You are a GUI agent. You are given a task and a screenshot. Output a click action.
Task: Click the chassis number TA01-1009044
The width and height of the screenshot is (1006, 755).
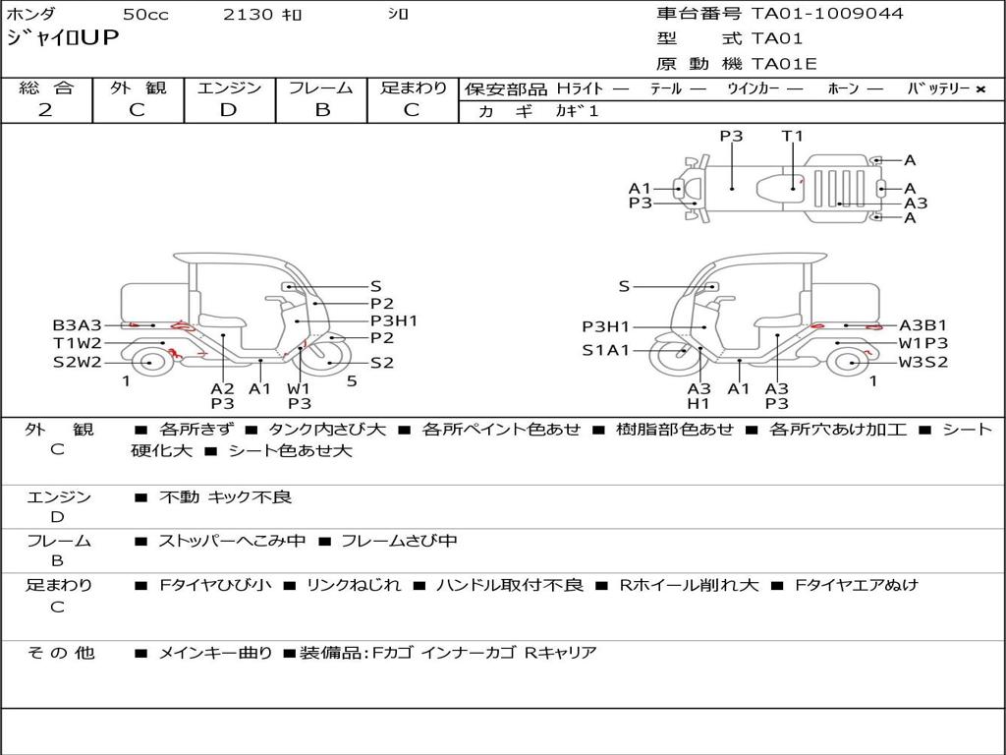click(827, 13)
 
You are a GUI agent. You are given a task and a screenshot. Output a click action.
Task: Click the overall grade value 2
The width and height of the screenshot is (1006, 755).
click(45, 110)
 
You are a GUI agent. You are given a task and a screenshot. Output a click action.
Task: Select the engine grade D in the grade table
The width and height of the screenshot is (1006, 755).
click(228, 110)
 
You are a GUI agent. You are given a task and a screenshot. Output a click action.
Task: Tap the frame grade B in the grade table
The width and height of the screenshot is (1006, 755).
click(322, 110)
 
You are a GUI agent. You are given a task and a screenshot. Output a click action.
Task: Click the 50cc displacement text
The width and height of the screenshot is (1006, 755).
click(145, 14)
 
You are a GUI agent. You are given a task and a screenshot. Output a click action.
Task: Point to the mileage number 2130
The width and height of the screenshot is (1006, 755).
click(248, 14)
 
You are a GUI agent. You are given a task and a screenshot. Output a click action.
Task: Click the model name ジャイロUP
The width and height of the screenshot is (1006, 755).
click(63, 38)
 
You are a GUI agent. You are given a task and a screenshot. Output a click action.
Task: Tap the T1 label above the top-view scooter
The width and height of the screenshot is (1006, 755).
click(793, 136)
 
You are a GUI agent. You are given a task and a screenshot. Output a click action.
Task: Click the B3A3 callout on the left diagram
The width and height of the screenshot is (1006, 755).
click(77, 325)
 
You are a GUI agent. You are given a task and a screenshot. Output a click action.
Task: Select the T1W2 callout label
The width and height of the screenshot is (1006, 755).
click(77, 343)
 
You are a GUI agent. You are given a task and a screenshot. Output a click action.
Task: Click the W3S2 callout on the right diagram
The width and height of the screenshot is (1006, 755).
click(923, 362)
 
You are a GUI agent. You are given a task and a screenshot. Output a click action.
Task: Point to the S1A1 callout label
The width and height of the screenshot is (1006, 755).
click(605, 351)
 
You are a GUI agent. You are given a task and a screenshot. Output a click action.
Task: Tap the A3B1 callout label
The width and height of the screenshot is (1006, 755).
click(923, 325)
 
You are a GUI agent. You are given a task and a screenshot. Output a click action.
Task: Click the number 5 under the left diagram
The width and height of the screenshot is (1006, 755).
click(352, 381)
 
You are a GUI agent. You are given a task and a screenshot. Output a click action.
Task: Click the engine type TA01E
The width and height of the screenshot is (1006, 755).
click(784, 64)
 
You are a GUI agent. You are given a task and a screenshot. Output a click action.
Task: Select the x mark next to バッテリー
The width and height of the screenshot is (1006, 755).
click(980, 89)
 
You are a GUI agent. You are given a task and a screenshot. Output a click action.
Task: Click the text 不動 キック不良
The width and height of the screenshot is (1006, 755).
click(225, 496)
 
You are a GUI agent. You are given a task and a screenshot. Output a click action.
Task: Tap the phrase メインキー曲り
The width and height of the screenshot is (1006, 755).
click(215, 653)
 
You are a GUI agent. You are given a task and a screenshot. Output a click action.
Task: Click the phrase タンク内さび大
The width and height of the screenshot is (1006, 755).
click(326, 429)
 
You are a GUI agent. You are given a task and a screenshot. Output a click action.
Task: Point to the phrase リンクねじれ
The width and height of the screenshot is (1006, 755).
click(354, 585)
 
